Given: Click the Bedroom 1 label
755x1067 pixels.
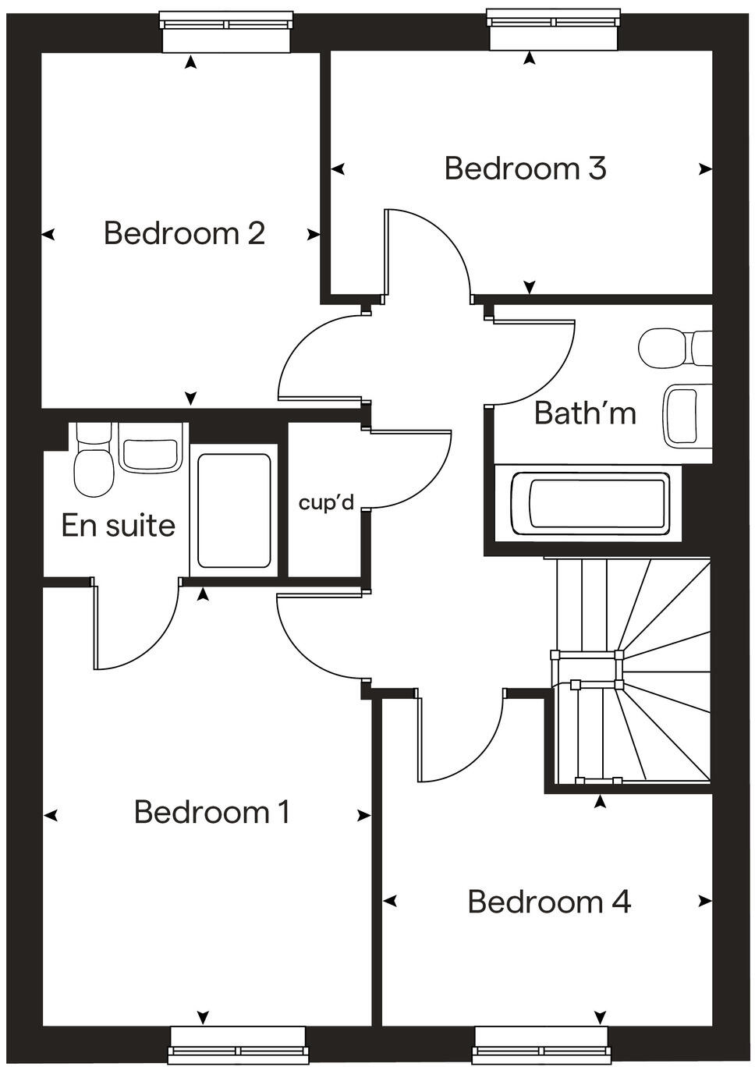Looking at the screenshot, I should pyautogui.click(x=212, y=812).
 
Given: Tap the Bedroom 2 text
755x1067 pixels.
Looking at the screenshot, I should pyautogui.click(x=184, y=233).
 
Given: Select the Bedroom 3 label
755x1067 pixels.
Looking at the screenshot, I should pyautogui.click(x=525, y=168).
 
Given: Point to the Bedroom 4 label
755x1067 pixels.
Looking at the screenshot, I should pyautogui.click(x=549, y=902).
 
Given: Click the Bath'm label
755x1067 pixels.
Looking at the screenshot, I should pyautogui.click(x=585, y=413).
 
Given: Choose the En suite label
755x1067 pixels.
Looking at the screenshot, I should pyautogui.click(x=119, y=526).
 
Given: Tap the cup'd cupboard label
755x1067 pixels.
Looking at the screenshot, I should pyautogui.click(x=326, y=503).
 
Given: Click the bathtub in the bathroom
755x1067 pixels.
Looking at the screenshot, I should pyautogui.click(x=590, y=503).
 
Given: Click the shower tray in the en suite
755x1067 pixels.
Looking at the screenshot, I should pyautogui.click(x=234, y=511).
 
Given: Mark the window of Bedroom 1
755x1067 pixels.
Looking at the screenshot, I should pyautogui.click(x=237, y=1046).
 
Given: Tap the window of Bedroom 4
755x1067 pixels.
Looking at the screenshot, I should pyautogui.click(x=541, y=1046).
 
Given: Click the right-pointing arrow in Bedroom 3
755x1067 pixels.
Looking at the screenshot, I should pyautogui.click(x=705, y=168).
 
